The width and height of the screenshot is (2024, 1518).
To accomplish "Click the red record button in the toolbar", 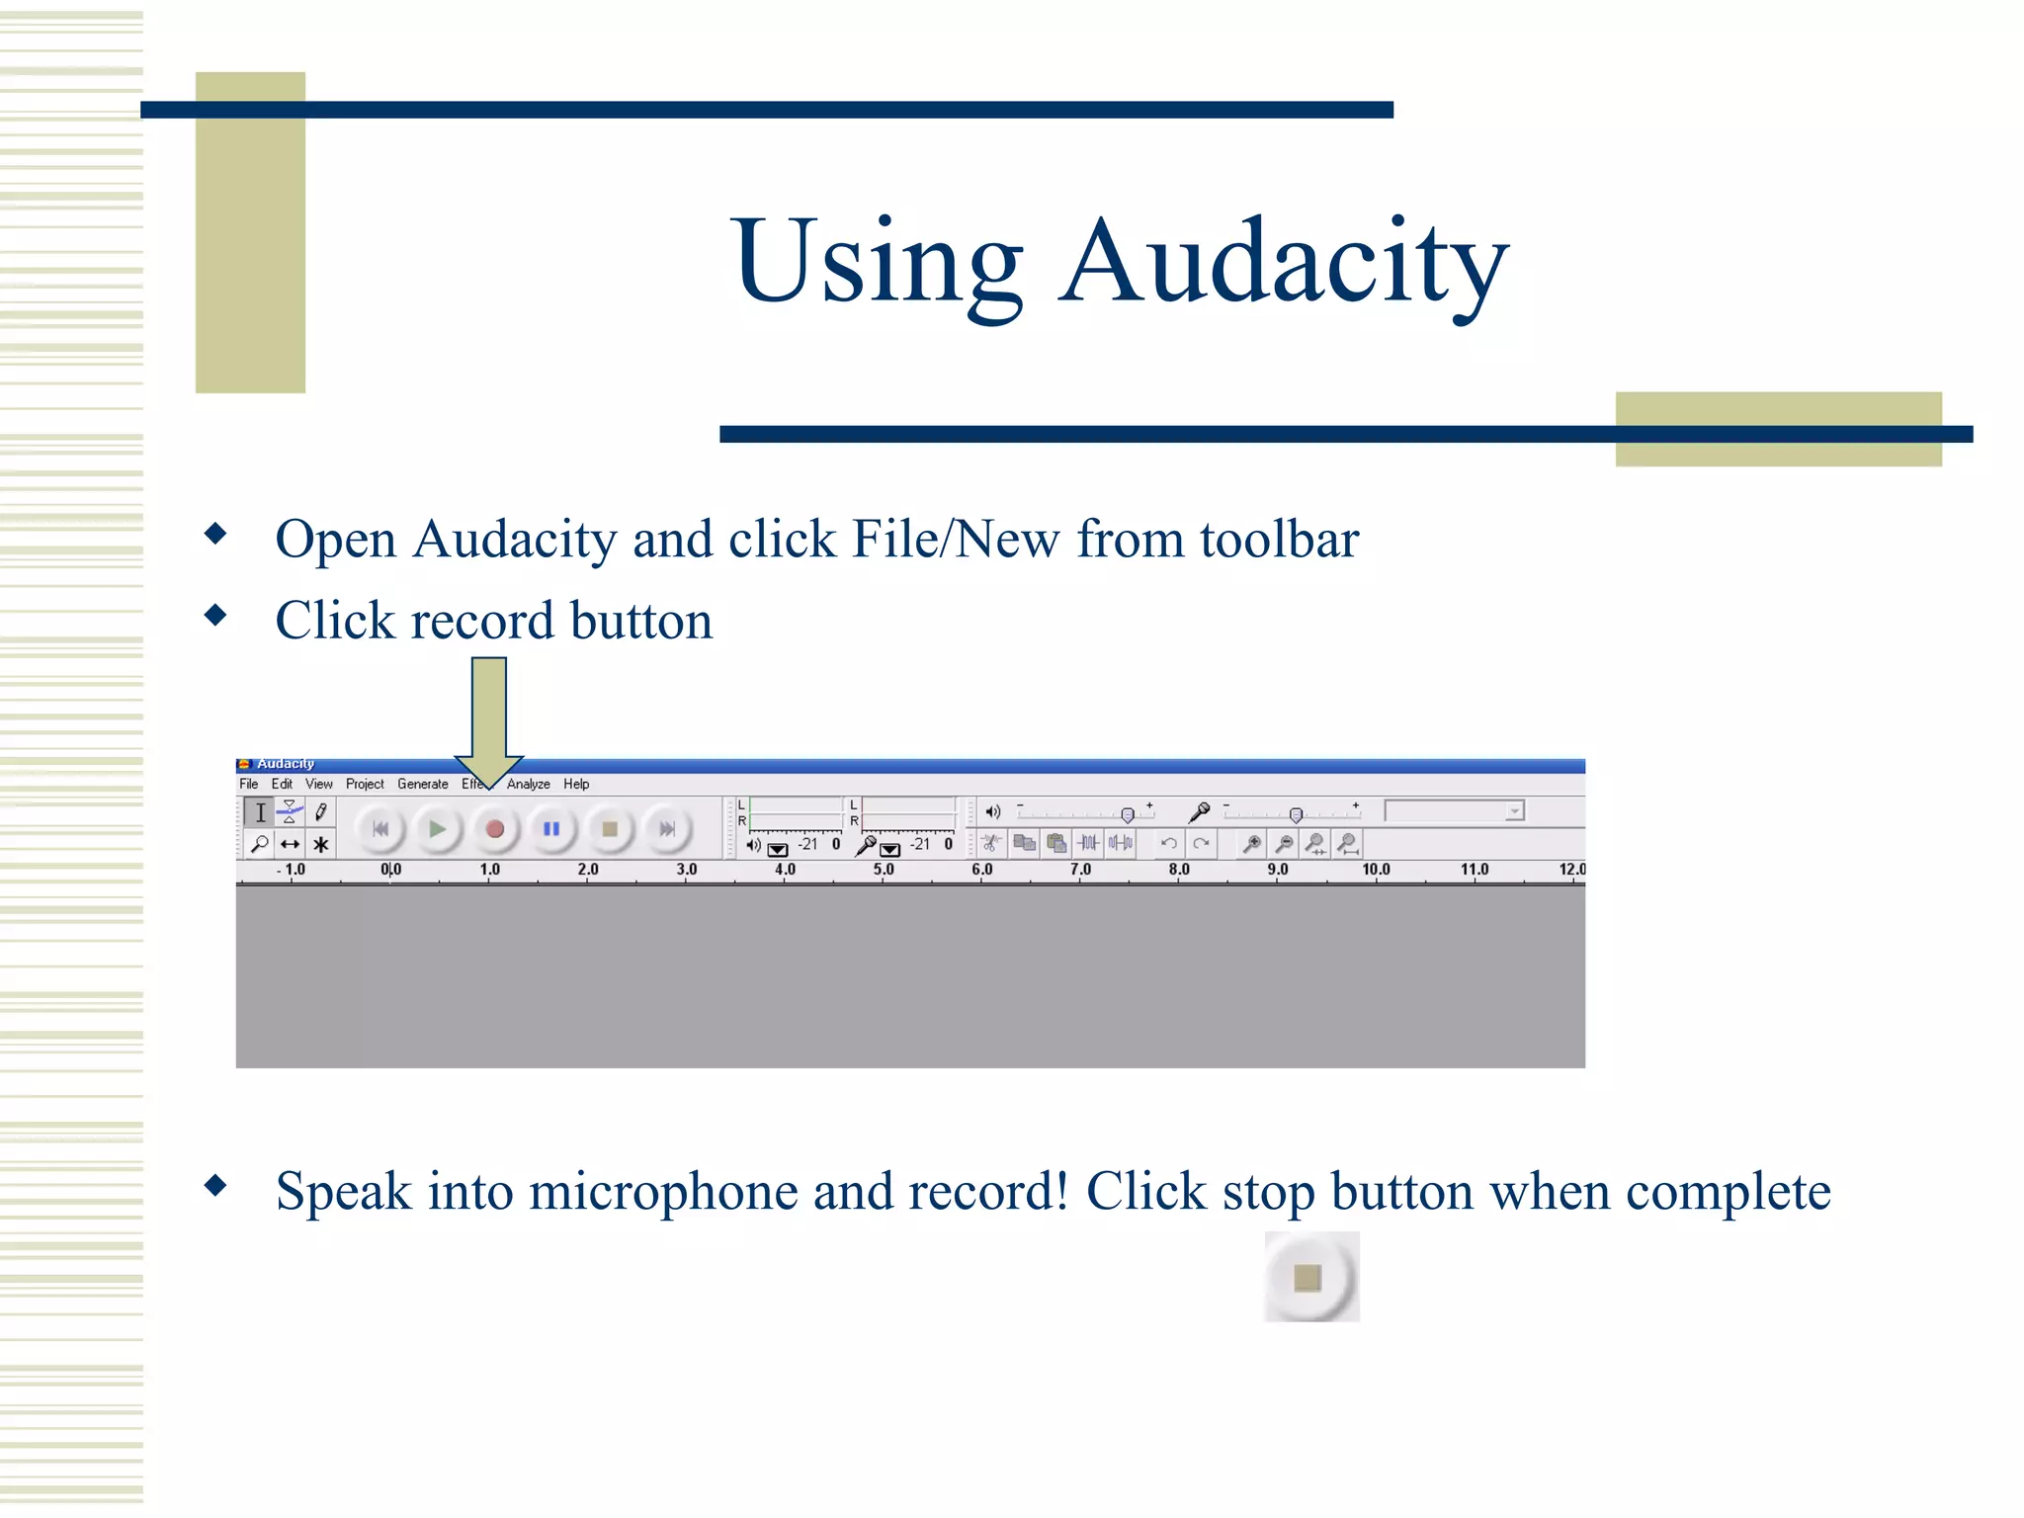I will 495,829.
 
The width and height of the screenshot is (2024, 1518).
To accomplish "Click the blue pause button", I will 551,829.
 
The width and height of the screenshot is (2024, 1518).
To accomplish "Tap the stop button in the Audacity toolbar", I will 610,829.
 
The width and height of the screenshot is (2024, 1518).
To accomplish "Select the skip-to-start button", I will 380,829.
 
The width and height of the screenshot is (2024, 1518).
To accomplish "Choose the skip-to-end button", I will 667,829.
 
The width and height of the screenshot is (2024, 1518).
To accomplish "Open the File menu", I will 249,784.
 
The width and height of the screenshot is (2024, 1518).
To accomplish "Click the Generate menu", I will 422,784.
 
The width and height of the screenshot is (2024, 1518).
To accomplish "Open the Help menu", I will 576,784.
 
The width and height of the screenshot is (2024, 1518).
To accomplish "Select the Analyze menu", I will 529,784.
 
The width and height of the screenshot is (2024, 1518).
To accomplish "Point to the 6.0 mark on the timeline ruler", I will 981,870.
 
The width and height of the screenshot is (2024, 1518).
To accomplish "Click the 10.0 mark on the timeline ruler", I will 1376,870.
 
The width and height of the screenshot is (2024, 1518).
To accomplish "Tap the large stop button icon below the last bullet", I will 1309,1278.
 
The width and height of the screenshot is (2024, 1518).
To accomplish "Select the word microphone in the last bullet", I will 661,1192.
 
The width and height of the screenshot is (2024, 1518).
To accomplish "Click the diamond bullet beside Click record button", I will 215,616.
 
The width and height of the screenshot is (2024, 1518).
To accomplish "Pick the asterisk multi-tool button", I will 320,845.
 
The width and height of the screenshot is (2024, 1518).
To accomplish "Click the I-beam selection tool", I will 260,812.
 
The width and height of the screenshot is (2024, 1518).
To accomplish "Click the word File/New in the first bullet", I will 956,541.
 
